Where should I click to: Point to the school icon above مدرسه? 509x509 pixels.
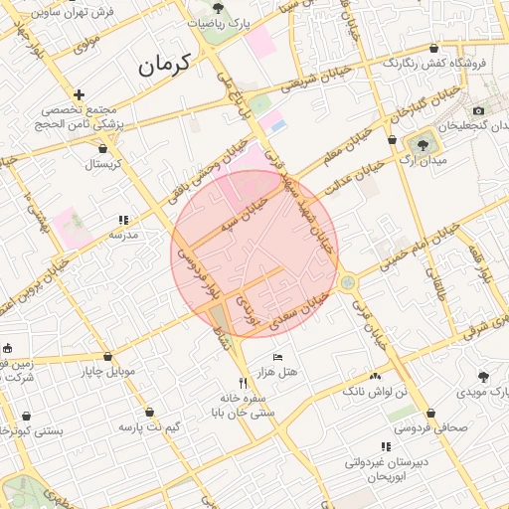pos(123,221)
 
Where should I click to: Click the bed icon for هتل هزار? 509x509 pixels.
pos(277,357)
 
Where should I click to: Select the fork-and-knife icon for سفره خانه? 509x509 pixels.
pos(243,383)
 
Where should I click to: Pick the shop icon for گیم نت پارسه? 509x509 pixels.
pos(149,412)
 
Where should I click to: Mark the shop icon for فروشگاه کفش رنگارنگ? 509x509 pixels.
pos(432,49)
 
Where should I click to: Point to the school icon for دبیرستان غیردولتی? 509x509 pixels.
pos(385,447)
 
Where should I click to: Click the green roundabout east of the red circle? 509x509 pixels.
pos(346,283)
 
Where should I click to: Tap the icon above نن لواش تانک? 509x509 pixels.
pos(375,377)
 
